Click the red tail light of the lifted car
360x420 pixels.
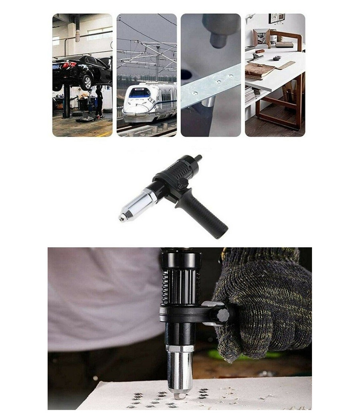(x=69, y=65)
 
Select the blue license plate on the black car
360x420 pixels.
(x=56, y=66)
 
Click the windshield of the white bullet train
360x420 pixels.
(x=137, y=93)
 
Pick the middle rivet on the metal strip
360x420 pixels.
(x=218, y=81)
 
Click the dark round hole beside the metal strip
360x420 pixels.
(x=186, y=74)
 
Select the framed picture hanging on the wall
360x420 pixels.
(x=276, y=18)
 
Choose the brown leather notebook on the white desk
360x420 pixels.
(x=259, y=71)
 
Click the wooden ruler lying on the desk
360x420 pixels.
(x=285, y=65)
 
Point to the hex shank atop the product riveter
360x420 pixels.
(x=197, y=159)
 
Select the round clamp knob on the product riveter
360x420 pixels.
(x=183, y=182)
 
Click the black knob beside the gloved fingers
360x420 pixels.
(x=221, y=315)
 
